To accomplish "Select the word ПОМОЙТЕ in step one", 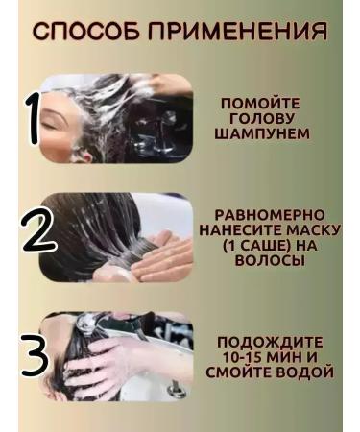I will point(260,103).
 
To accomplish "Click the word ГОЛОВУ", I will point(260,118).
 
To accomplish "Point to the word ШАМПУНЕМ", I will point(261,133).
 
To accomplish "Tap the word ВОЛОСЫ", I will point(268,260).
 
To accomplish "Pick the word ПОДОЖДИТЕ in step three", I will point(270,342).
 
